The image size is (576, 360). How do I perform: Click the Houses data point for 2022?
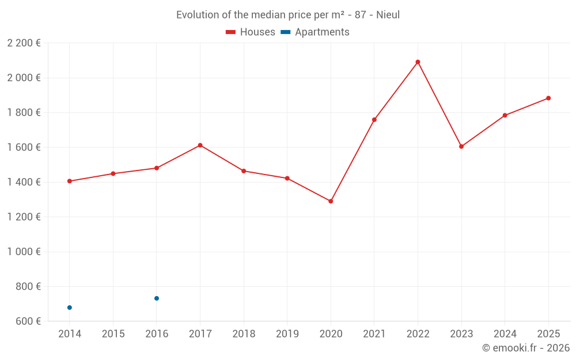point(418,62)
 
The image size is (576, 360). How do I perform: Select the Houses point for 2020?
point(331,202)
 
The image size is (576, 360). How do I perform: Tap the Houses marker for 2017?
point(200,145)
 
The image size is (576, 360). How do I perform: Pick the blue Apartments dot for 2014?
point(70,308)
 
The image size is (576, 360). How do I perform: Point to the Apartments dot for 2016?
point(157,298)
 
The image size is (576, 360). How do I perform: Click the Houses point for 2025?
point(548,98)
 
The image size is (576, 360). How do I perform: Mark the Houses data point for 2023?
point(461,146)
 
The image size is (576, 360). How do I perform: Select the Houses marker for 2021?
point(374,120)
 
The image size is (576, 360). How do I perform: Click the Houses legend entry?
point(251,32)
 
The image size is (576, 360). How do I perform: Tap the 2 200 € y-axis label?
point(24,43)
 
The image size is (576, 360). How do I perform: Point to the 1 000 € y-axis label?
point(24,252)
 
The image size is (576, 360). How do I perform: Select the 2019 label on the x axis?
point(287,334)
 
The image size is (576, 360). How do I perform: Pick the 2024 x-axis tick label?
point(505,334)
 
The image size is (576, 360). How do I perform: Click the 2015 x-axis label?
point(113,334)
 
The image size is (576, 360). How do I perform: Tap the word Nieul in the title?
point(388,15)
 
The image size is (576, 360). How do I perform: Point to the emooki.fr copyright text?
point(526,348)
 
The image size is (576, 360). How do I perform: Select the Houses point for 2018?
point(244,171)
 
